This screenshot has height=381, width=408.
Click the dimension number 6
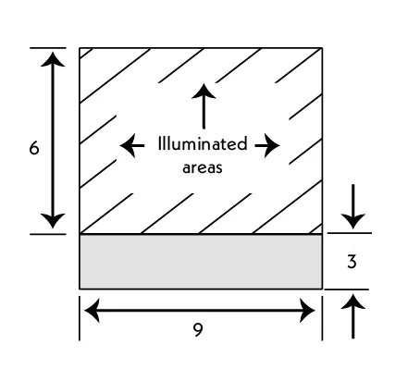[34, 148]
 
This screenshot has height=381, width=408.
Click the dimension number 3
[352, 262]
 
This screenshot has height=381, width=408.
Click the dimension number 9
[198, 330]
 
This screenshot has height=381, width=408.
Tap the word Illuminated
[203, 143]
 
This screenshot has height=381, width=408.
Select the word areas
[203, 168]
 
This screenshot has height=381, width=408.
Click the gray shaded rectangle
[201, 262]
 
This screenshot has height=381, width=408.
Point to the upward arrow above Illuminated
[204, 106]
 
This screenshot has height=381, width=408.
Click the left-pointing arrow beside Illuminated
[132, 145]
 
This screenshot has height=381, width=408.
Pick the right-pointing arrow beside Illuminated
[267, 145]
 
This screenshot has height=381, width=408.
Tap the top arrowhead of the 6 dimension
[53, 59]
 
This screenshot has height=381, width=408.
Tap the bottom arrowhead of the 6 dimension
[53, 221]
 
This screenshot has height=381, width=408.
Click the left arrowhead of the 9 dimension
[92, 310]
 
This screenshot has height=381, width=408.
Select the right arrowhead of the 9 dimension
[307, 310]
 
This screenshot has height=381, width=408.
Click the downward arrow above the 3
[353, 206]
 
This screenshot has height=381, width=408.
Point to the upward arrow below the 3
[353, 316]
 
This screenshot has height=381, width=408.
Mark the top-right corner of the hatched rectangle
[322, 48]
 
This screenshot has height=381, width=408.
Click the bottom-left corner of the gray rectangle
[80, 289]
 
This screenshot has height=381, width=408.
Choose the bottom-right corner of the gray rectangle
[322, 289]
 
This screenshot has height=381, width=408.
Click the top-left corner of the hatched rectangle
[80, 48]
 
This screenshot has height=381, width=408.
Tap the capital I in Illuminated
[159, 143]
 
